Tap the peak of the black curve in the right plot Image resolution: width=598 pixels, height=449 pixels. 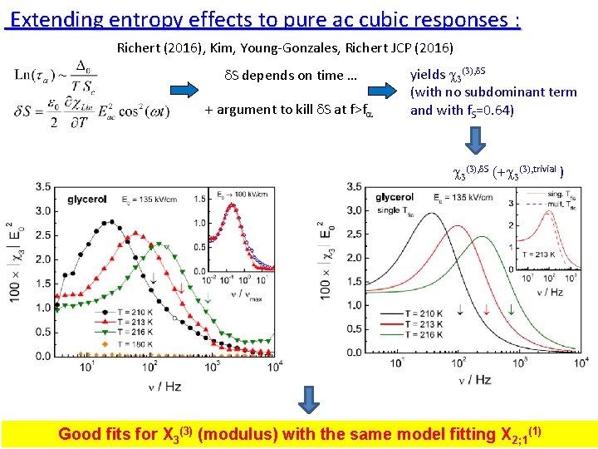click(x=430, y=214)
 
